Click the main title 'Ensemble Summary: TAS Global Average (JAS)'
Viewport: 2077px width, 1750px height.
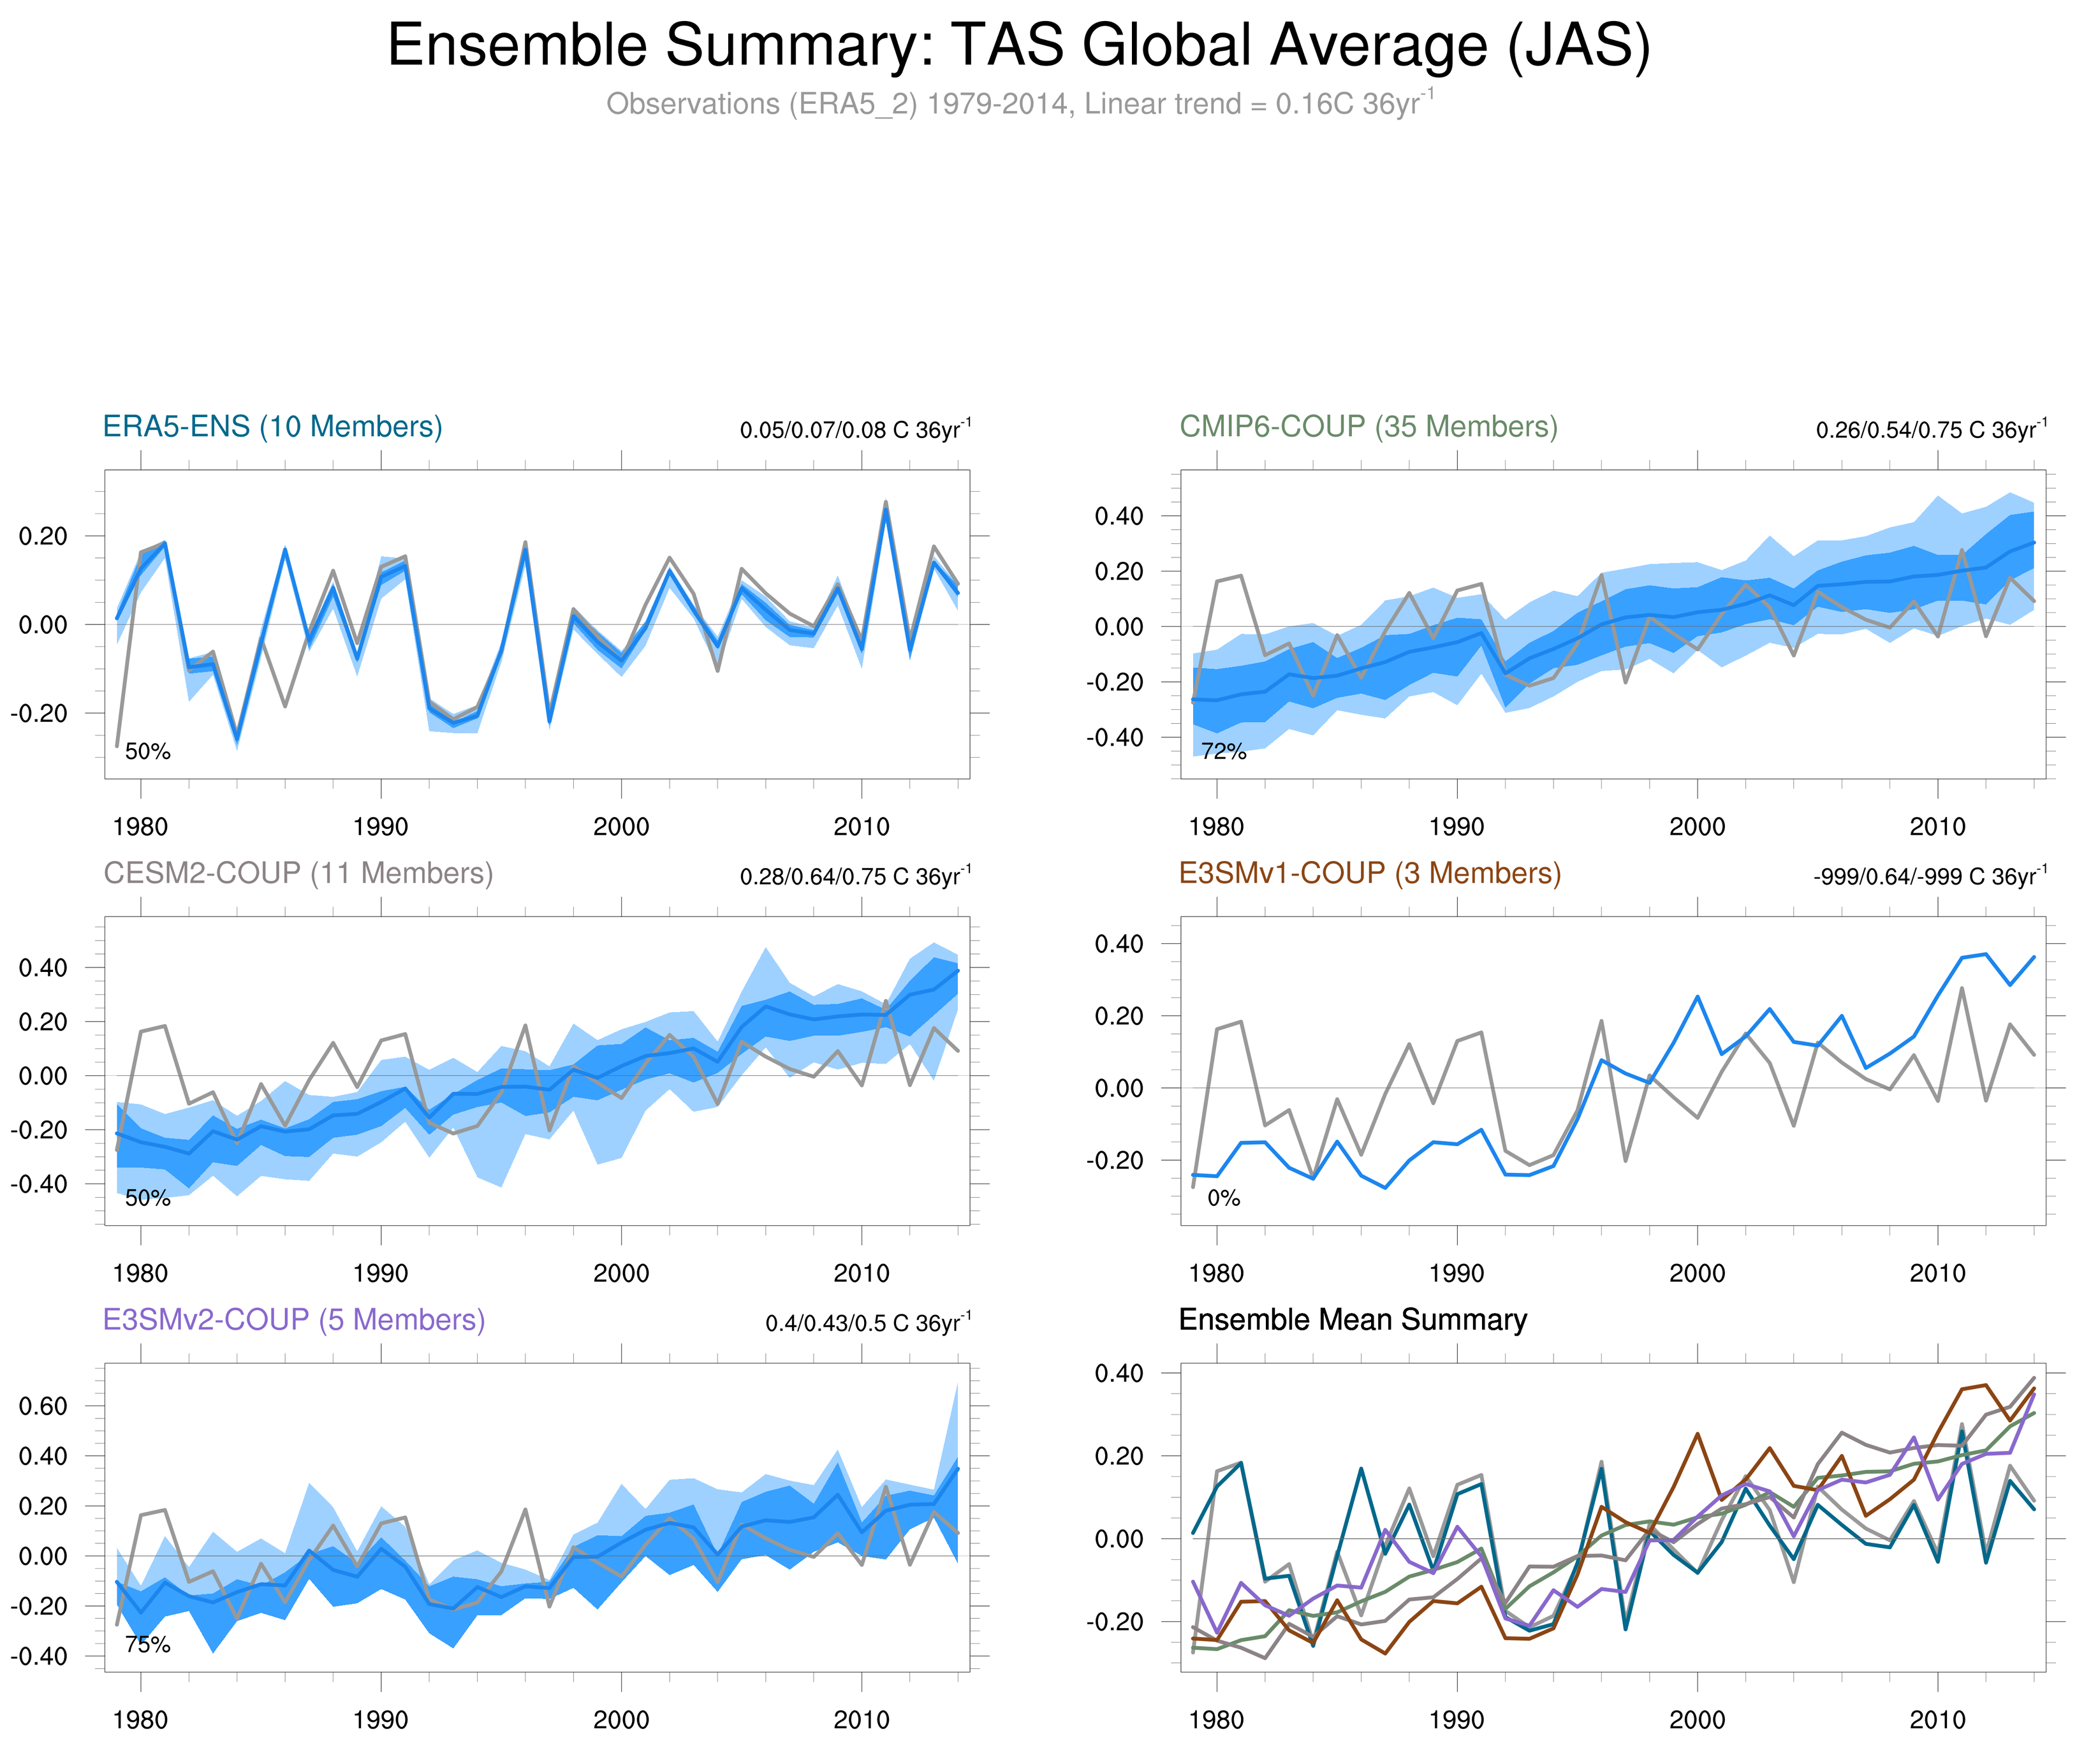tap(1018, 46)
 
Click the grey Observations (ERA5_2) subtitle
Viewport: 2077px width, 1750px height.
tap(1018, 104)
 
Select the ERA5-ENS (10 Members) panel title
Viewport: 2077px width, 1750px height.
tap(273, 427)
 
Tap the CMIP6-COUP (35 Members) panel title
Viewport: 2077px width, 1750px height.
tap(1368, 427)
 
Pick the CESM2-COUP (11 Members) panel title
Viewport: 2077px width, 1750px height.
tap(298, 873)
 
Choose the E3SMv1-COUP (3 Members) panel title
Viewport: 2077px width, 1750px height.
tap(1369, 873)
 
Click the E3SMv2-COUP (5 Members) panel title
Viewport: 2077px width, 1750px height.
tap(293, 1320)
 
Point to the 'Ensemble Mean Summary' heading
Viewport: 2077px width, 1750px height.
tap(1352, 1320)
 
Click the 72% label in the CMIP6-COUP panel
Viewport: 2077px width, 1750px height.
tap(1223, 752)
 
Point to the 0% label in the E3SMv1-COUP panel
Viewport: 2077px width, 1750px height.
tap(1223, 1198)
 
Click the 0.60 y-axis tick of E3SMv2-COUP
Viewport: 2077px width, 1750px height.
tap(43, 1406)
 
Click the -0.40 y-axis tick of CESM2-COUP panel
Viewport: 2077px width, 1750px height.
tap(40, 1184)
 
